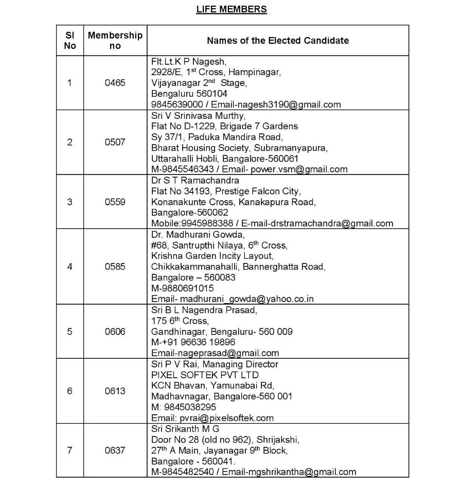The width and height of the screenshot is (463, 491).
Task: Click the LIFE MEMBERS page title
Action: [x=232, y=9]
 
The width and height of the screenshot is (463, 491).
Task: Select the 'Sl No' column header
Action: [x=70, y=40]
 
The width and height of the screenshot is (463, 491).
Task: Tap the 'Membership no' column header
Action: [x=115, y=40]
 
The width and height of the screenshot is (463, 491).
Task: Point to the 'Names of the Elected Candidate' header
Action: [x=277, y=40]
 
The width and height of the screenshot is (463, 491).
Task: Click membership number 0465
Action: [x=115, y=82]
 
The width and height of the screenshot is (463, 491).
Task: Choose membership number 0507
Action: [x=115, y=142]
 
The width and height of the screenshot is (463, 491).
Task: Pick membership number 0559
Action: [x=115, y=202]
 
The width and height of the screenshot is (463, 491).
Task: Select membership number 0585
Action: [x=115, y=267]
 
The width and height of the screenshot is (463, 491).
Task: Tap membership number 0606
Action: [x=115, y=331]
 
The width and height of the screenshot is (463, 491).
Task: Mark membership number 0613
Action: [x=115, y=391]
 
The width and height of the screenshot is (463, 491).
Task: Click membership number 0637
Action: [x=115, y=450]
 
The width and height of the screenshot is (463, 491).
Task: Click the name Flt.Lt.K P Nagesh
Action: [x=189, y=61]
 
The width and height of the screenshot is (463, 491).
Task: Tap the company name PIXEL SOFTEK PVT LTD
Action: [x=205, y=375]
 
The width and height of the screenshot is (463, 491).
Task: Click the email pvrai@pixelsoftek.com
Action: [x=226, y=418]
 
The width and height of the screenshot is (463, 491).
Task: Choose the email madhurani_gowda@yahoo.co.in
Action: [x=246, y=299]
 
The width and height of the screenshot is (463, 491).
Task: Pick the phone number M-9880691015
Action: [x=182, y=288]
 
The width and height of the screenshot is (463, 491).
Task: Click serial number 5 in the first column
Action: [x=70, y=331]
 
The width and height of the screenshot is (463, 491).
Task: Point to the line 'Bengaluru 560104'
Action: [x=189, y=94]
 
